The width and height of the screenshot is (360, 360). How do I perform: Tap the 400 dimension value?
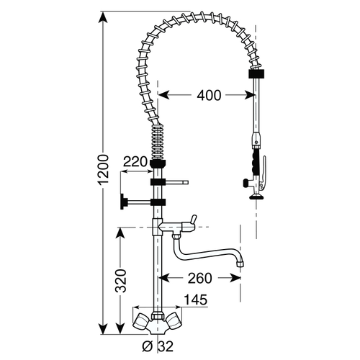click(207, 94)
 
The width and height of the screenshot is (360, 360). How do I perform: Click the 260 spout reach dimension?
click(200, 277)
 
